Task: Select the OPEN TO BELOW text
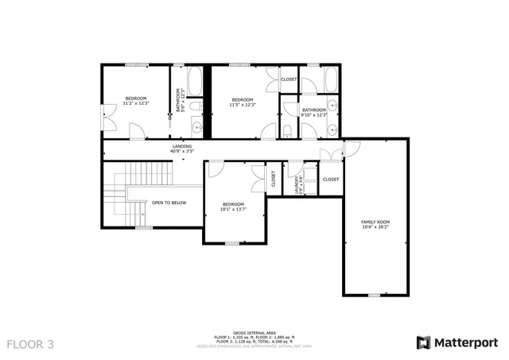pos(169,203)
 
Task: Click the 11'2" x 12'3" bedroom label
pos(136,101)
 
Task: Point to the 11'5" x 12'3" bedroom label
pos(242,102)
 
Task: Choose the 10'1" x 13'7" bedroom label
pos(233,206)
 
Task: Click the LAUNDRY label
pos(297,184)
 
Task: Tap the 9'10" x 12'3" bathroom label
pos(314,112)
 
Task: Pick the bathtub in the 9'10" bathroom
pos(330,79)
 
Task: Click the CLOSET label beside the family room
pos(331,180)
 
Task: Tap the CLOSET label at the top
pos(289,79)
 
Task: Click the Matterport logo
pos(458,343)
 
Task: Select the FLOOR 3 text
pos(30,344)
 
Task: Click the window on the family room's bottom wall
pos(373,295)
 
